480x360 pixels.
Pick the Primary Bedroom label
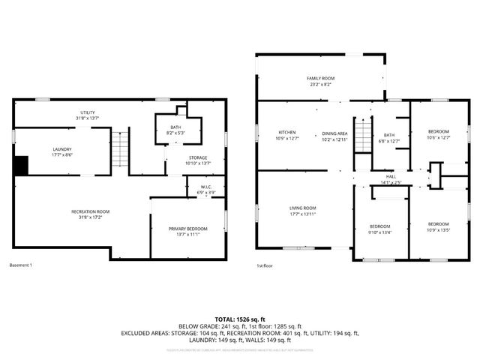coord(187,231)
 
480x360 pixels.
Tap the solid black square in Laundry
coord(22,165)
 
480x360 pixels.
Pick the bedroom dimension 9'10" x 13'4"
coord(379,232)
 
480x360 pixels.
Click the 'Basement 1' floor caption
coord(21,265)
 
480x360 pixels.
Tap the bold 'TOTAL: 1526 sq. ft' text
coord(240,319)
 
